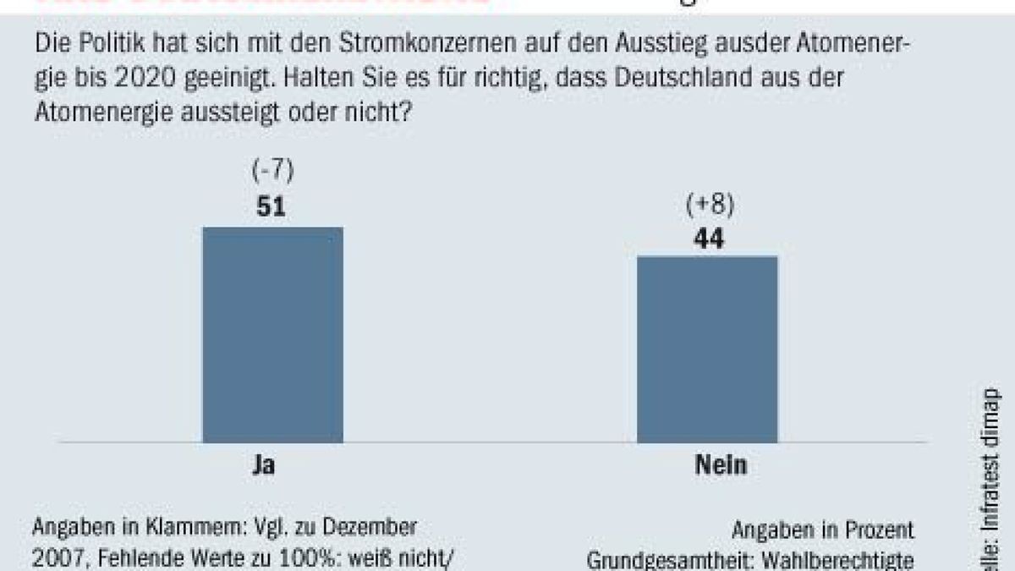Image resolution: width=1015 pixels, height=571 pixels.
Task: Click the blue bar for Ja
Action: (272, 334)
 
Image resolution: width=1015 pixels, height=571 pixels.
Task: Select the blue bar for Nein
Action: (707, 349)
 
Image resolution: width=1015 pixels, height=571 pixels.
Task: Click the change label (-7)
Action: (272, 172)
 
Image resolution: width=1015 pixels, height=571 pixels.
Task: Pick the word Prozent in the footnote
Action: (877, 530)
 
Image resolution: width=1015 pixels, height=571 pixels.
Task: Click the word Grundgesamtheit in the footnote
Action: (667, 561)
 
